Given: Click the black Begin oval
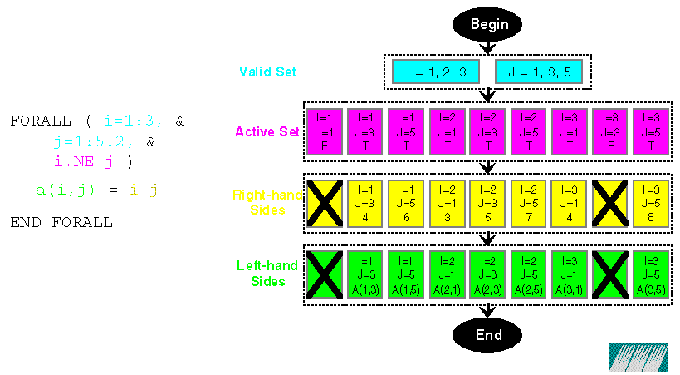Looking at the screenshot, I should (x=489, y=24).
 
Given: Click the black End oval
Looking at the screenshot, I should (x=488, y=334).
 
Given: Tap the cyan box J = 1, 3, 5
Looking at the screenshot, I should (x=538, y=72).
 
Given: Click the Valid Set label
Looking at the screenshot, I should (x=267, y=72).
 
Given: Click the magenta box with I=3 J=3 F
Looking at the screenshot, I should (x=609, y=131).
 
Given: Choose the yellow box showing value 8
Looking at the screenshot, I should (x=650, y=203).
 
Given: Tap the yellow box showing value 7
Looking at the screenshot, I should (x=528, y=203).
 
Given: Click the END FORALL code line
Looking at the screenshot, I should (x=61, y=222).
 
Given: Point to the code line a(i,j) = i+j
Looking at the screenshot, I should (x=97, y=190).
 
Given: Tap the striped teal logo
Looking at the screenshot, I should (x=638, y=358).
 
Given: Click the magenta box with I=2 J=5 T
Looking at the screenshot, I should (x=528, y=131).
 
